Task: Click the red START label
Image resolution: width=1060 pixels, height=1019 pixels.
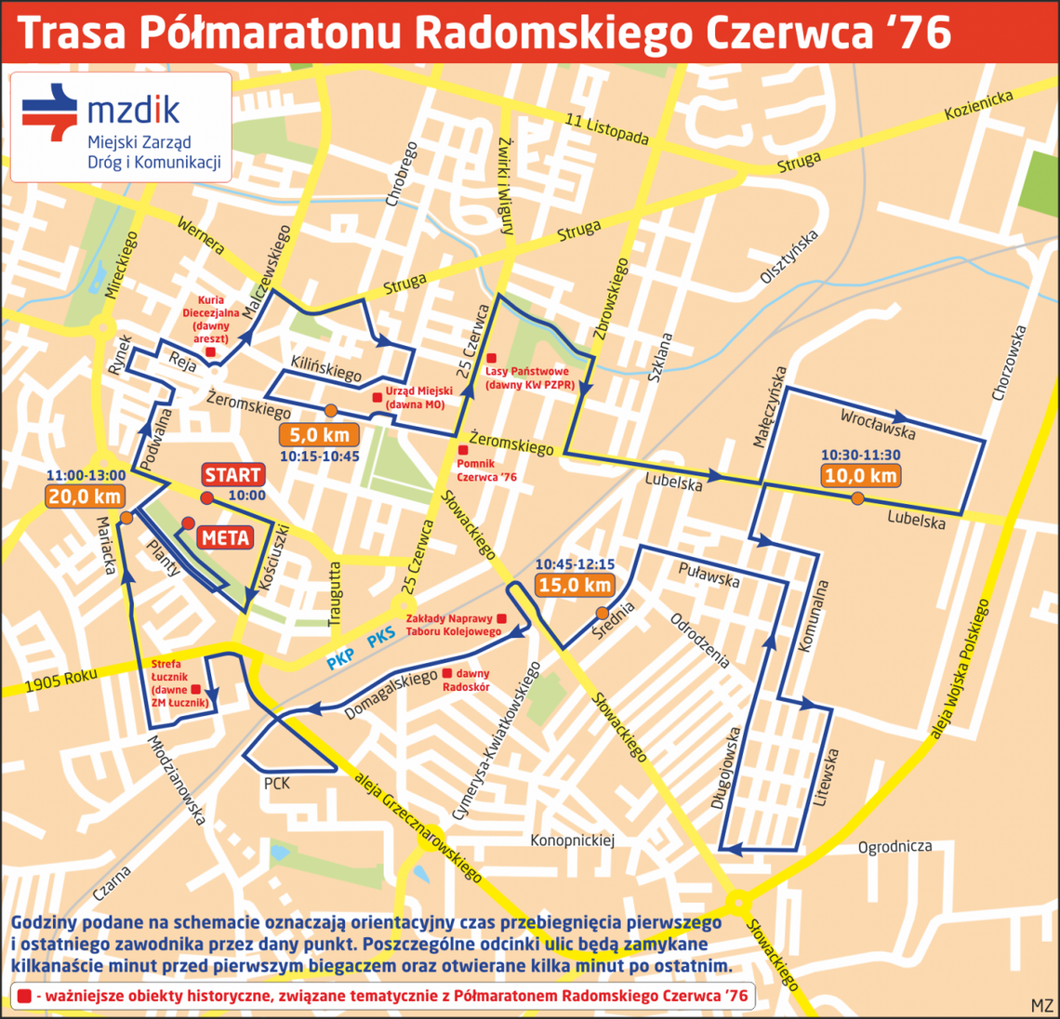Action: tap(232, 475)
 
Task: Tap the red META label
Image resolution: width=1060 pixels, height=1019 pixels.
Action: tap(225, 537)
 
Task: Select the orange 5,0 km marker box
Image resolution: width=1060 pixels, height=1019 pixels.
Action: tap(320, 434)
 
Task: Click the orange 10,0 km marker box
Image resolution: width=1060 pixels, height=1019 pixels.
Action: tap(861, 475)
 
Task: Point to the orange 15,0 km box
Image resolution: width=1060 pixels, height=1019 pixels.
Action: tap(575, 584)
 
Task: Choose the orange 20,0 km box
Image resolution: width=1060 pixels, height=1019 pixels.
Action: tap(86, 496)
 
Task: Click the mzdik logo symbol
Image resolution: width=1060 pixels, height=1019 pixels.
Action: tap(50, 112)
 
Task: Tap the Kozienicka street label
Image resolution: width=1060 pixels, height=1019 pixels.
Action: tap(978, 106)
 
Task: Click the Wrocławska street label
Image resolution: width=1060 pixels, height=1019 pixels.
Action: tap(878, 424)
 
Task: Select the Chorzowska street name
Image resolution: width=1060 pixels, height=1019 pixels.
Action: tap(1010, 363)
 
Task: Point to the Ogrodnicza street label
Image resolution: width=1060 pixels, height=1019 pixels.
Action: tap(894, 846)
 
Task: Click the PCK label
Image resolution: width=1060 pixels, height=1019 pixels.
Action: tap(277, 784)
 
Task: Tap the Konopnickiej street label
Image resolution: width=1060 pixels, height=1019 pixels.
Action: tap(573, 840)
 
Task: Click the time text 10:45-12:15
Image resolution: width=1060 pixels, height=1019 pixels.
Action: tap(574, 563)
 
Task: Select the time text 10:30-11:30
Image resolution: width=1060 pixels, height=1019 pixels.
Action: tap(861, 455)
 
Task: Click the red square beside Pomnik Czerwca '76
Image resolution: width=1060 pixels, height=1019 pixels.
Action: tap(463, 450)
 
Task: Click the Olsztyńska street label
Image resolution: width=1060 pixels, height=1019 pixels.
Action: tap(788, 257)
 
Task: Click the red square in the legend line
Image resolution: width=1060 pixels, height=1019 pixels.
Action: tap(24, 995)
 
